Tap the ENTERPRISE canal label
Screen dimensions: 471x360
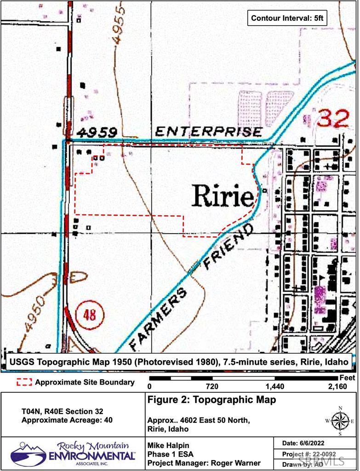[x=208, y=132]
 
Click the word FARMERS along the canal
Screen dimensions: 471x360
[x=159, y=317]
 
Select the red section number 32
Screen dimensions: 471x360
[x=333, y=118]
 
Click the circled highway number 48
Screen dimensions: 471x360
[x=90, y=315]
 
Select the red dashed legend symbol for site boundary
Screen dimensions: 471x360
[x=24, y=382]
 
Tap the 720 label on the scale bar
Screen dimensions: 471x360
[x=212, y=386]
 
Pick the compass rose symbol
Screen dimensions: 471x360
[x=340, y=420]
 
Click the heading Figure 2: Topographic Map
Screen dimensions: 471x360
[x=212, y=400]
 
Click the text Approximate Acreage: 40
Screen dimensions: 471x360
[x=67, y=419]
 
